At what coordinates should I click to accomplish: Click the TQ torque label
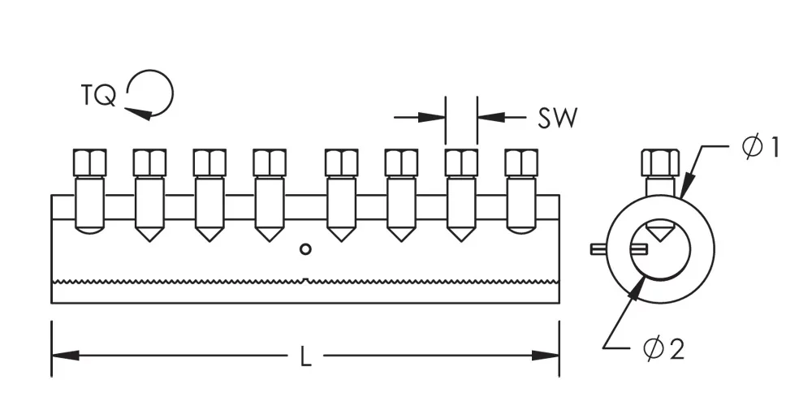tap(98, 95)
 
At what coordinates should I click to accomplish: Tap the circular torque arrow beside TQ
tap(152, 94)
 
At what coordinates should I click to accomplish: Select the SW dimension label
tap(557, 119)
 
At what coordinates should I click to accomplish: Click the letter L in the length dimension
tap(305, 356)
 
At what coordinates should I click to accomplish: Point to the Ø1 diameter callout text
tap(761, 148)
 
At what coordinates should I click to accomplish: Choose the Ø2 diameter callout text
tap(663, 349)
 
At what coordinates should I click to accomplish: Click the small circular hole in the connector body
tap(305, 248)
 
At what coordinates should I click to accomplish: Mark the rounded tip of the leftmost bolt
tap(89, 230)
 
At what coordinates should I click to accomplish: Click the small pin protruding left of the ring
tap(597, 248)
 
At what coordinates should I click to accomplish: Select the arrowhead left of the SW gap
tap(434, 118)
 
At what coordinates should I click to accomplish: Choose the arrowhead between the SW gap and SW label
tap(489, 118)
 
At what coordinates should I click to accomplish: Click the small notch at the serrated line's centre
tap(304, 281)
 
